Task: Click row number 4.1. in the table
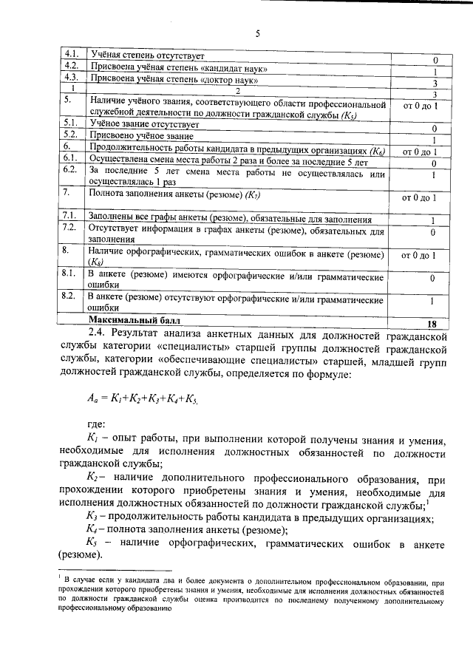[x=71, y=54]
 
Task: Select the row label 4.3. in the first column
[x=71, y=77]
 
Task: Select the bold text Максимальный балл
[x=134, y=321]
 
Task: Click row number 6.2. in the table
[x=71, y=170]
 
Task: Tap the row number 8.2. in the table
[x=71, y=296]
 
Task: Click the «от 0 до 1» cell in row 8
[x=420, y=256]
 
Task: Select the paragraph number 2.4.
[x=98, y=335]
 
